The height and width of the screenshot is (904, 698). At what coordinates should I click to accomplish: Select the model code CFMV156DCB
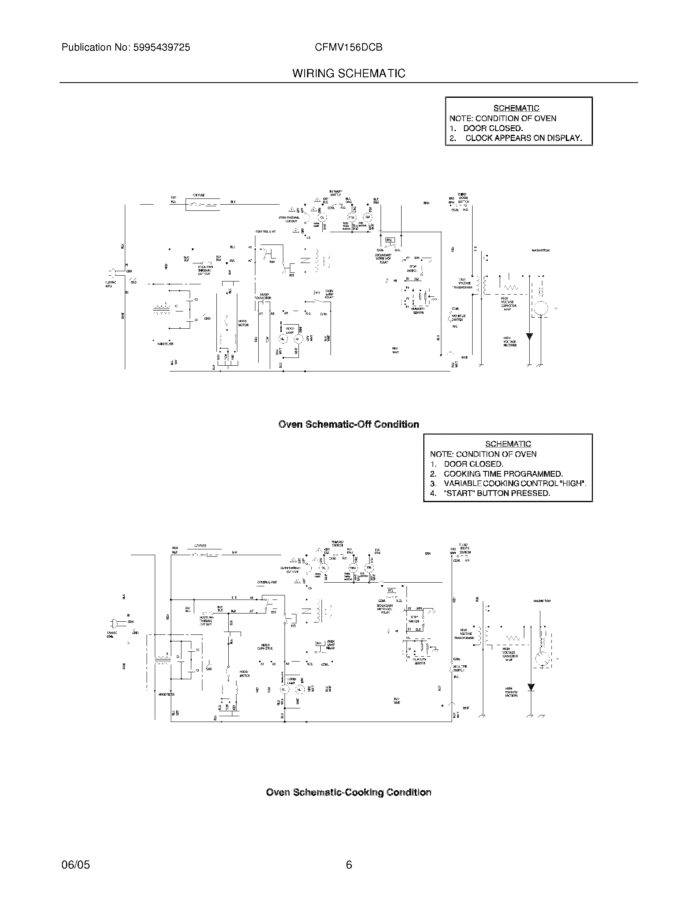(x=348, y=48)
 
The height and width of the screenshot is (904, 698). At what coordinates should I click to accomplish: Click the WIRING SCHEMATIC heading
(x=349, y=74)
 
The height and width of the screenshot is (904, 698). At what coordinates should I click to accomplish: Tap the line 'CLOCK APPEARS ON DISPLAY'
(x=523, y=138)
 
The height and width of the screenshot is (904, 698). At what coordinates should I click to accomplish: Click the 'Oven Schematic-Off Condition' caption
(x=349, y=424)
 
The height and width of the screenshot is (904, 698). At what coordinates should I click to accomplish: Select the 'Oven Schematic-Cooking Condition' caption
(x=349, y=792)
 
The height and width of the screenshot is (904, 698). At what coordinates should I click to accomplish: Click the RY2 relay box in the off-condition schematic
(x=390, y=240)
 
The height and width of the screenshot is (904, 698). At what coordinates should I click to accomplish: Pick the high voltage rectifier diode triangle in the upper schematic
(x=529, y=336)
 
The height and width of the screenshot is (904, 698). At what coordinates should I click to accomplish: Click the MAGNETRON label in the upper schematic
(x=540, y=250)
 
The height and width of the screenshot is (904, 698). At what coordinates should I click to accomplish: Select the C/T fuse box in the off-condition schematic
(x=202, y=205)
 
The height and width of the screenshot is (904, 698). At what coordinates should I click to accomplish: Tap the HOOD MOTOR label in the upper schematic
(x=243, y=323)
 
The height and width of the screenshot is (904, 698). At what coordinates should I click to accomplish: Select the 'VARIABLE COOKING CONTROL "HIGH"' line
(x=514, y=484)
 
